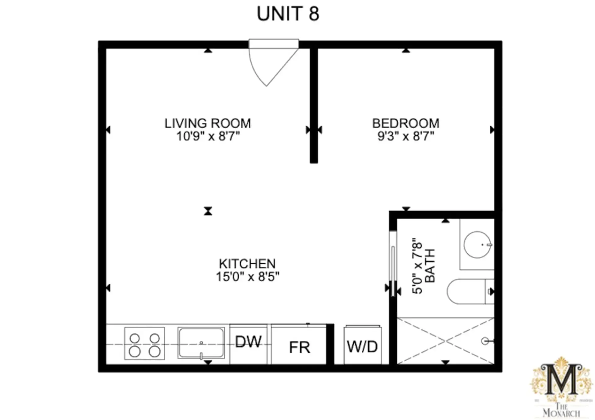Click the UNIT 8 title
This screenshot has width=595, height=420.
pyautogui.click(x=288, y=14)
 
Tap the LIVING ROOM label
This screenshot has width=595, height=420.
pyautogui.click(x=208, y=123)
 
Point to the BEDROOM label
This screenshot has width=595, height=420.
pyautogui.click(x=406, y=123)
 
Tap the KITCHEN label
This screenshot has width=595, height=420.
pyautogui.click(x=247, y=264)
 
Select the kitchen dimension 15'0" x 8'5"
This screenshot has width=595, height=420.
pyautogui.click(x=248, y=277)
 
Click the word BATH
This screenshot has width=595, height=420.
pyautogui.click(x=430, y=266)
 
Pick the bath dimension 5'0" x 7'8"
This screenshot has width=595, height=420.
pyautogui.click(x=417, y=266)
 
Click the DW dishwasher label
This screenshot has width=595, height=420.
pyautogui.click(x=248, y=342)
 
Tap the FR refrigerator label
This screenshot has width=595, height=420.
pyautogui.click(x=299, y=348)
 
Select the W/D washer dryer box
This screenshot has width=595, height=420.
pyautogui.click(x=363, y=345)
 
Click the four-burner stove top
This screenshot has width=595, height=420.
pyautogui.click(x=144, y=343)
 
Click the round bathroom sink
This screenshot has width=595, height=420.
pyautogui.click(x=477, y=245)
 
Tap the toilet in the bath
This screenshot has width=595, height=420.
pyautogui.click(x=470, y=291)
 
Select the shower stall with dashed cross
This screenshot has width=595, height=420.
pyautogui.click(x=445, y=341)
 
